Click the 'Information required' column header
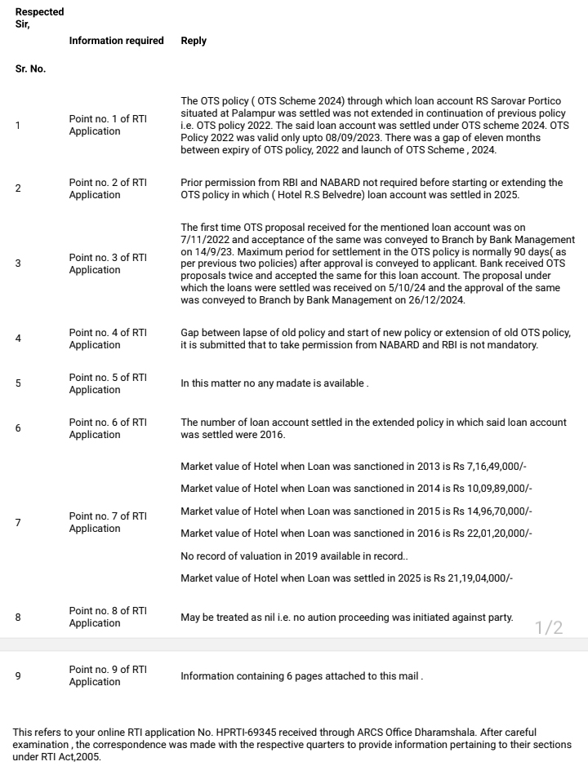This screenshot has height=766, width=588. click(116, 41)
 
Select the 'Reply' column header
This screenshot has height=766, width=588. click(194, 41)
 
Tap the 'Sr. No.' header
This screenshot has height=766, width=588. click(30, 69)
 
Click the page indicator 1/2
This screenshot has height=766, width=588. click(549, 627)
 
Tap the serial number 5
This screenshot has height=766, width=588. click(18, 383)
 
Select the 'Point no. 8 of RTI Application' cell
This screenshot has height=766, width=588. click(108, 617)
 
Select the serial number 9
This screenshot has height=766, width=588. click(18, 675)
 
